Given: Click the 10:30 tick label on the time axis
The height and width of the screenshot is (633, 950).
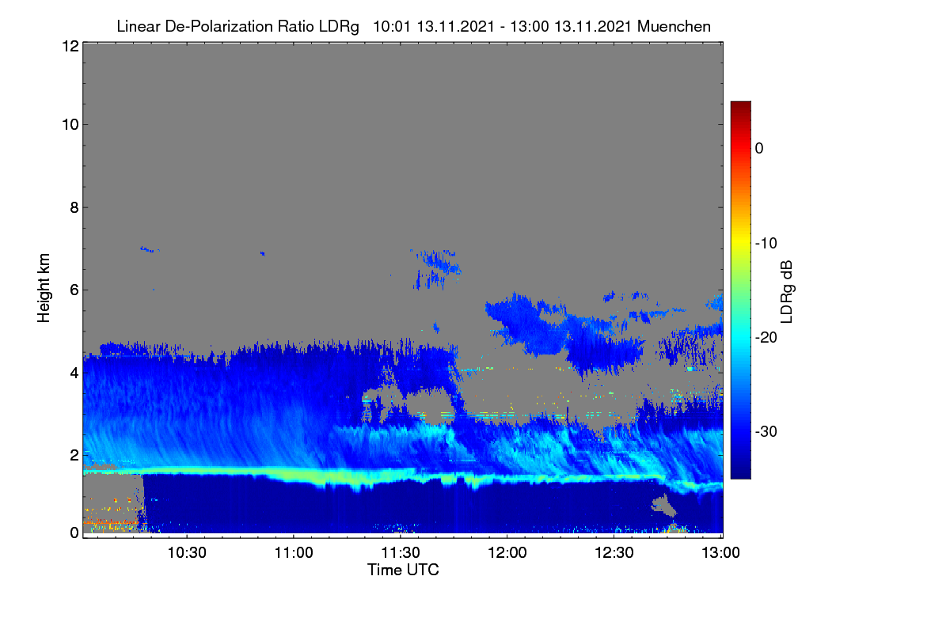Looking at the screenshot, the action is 187,552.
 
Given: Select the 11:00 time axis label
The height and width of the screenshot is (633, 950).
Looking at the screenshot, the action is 294,552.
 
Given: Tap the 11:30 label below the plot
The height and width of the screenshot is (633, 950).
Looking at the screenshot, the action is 401,552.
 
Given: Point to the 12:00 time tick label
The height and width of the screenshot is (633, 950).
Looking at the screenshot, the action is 507,552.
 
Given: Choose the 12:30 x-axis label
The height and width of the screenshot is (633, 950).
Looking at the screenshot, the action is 614,552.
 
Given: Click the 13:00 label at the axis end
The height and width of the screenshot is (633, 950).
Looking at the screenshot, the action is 720,552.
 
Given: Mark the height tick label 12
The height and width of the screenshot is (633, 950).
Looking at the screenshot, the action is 70,46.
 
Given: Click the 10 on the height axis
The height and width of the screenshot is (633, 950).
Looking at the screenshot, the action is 70,125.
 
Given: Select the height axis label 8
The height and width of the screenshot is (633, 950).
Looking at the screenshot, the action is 74,207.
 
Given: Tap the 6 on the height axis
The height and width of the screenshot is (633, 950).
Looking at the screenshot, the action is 74,290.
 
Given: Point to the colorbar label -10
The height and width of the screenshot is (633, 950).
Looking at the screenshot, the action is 766,243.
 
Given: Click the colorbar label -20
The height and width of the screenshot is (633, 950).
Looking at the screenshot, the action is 766,338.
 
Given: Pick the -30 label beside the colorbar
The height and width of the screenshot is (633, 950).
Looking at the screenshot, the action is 766,431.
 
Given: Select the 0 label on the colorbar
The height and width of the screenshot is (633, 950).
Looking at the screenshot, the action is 759,149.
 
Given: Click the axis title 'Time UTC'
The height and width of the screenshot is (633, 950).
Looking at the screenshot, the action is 403,570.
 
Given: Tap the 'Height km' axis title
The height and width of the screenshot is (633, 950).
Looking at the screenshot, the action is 44,288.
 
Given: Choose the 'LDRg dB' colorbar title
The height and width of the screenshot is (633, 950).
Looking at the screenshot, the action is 786,292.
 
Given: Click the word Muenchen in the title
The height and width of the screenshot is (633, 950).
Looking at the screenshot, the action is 674,26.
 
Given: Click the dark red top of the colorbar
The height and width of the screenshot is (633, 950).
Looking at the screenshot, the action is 740,105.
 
